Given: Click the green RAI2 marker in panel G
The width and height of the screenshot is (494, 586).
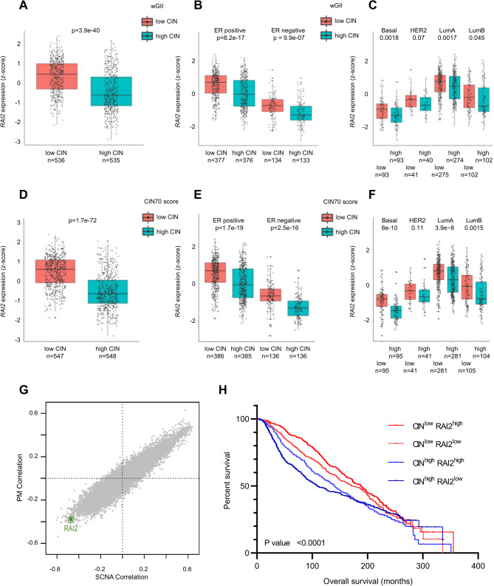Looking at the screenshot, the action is (x=71, y=519).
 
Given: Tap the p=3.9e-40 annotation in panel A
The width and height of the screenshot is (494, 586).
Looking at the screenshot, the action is (x=86, y=30).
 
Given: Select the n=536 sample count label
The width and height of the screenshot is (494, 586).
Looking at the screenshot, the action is (x=55, y=160).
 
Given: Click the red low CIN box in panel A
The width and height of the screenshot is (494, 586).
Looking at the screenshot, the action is (x=57, y=76).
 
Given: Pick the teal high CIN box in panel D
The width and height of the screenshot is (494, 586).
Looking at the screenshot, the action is (x=108, y=291).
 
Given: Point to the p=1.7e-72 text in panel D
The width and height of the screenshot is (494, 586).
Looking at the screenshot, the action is (x=83, y=220).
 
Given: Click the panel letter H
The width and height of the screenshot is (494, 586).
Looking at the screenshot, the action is (x=222, y=389).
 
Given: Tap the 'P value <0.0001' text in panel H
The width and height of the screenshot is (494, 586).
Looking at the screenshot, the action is (x=295, y=542).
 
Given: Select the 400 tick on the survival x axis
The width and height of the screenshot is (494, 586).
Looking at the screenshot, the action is (x=478, y=566).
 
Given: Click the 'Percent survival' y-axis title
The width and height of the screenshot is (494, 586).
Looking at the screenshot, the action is (x=227, y=480).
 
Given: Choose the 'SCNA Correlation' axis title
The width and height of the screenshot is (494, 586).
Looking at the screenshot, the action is (x=122, y=577).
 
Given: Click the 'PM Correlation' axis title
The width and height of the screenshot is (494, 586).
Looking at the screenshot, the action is (x=20, y=477).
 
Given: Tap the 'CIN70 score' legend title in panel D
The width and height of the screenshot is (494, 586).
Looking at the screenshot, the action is (x=161, y=202).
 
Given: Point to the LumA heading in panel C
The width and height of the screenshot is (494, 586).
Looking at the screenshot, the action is (x=447, y=30).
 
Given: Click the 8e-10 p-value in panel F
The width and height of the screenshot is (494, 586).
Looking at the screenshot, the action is (x=389, y=228).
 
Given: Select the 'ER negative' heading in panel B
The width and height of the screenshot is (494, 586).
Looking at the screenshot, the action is (x=288, y=30).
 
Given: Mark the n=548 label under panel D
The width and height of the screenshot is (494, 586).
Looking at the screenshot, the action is (x=108, y=356).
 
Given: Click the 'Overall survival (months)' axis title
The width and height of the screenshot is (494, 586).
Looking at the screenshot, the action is (x=368, y=581).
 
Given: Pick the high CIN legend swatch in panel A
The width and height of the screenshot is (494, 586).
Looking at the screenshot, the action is (x=147, y=36).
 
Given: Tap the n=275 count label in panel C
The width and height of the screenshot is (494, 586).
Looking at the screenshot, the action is (x=439, y=174).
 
